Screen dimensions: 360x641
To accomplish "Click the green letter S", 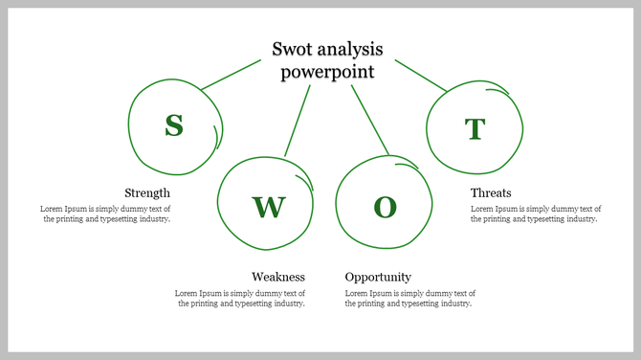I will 173,125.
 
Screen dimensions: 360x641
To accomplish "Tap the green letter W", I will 269,206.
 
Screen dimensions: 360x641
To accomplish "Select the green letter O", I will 385,207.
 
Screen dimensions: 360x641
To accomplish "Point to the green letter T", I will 475,128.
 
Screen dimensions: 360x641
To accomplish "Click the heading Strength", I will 147,193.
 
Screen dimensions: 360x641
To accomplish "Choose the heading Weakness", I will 278,278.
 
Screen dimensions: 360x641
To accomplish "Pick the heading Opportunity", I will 378,278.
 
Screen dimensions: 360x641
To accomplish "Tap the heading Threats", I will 491,193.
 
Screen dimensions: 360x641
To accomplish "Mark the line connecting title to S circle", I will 231,75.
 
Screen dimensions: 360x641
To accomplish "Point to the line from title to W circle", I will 298,121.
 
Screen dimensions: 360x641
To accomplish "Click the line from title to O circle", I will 370,121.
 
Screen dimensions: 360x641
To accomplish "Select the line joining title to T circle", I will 421,76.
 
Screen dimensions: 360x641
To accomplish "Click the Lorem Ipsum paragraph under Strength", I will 105,214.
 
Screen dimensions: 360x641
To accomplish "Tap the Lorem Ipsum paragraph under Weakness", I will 240,298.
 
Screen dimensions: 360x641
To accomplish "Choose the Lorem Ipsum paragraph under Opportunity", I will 410,298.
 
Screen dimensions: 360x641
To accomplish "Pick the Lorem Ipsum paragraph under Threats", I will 536,214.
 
